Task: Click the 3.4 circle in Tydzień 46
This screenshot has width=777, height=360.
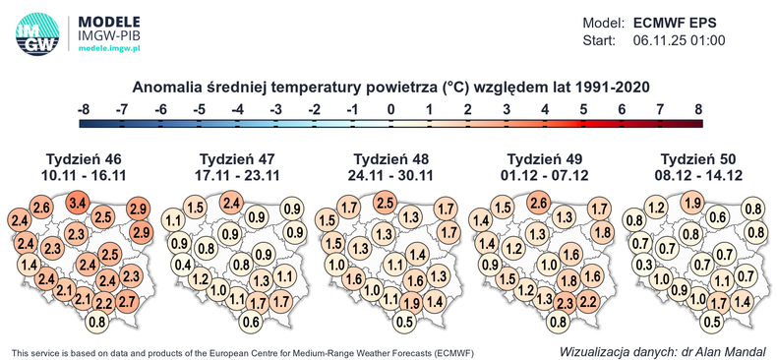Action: [x=78, y=204]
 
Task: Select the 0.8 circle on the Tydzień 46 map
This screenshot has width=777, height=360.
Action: [x=97, y=322]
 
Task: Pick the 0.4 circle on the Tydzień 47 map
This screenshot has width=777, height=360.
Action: [x=182, y=265]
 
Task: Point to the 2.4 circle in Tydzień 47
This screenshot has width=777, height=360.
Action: [x=232, y=204]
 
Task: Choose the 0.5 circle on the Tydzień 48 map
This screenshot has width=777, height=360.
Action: [x=404, y=322]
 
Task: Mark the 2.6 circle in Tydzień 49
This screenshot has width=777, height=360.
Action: [x=538, y=204]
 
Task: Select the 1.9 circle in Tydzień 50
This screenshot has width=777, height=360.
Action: [x=691, y=204]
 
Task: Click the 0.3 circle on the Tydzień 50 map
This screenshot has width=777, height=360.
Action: [x=643, y=265]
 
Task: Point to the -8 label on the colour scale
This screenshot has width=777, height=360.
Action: [x=86, y=109]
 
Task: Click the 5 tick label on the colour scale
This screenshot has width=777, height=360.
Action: [x=584, y=109]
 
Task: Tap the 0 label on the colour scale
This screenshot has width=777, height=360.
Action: [x=391, y=109]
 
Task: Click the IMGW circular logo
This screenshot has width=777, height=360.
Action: [x=36, y=33]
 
